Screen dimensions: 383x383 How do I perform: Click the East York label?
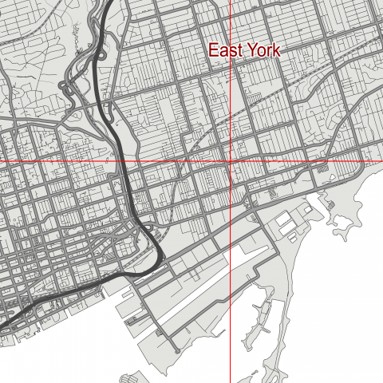click(245, 50)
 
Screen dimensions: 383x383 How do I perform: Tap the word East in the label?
click(226, 50)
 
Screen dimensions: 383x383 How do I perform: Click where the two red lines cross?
click(231, 162)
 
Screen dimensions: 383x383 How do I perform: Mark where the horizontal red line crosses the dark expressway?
click(125, 162)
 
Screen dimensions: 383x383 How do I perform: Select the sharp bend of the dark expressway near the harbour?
click(161, 257)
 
